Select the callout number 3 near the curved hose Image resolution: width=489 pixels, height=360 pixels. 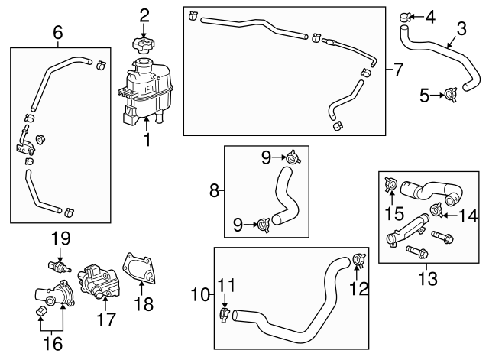click(461, 30)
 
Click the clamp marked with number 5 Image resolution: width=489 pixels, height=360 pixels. click(451, 95)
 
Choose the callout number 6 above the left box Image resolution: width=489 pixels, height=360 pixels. click(57, 33)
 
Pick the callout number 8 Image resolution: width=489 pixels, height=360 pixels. click(215, 189)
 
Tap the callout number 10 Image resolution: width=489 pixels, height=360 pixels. click(199, 294)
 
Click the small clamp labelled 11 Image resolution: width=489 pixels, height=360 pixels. click(223, 313)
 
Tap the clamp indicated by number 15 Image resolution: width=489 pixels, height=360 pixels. click(390, 183)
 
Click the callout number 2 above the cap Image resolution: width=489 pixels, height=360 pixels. click(144, 14)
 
